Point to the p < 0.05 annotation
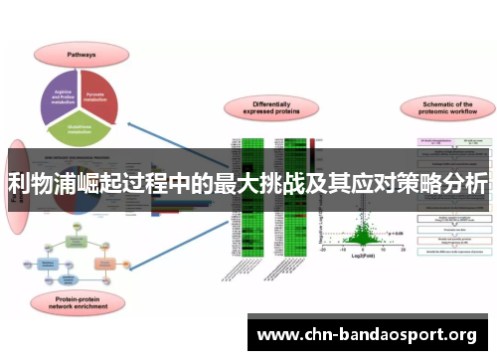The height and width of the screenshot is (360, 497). tap(395, 232)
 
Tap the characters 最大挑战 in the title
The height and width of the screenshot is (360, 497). tap(251, 185)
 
